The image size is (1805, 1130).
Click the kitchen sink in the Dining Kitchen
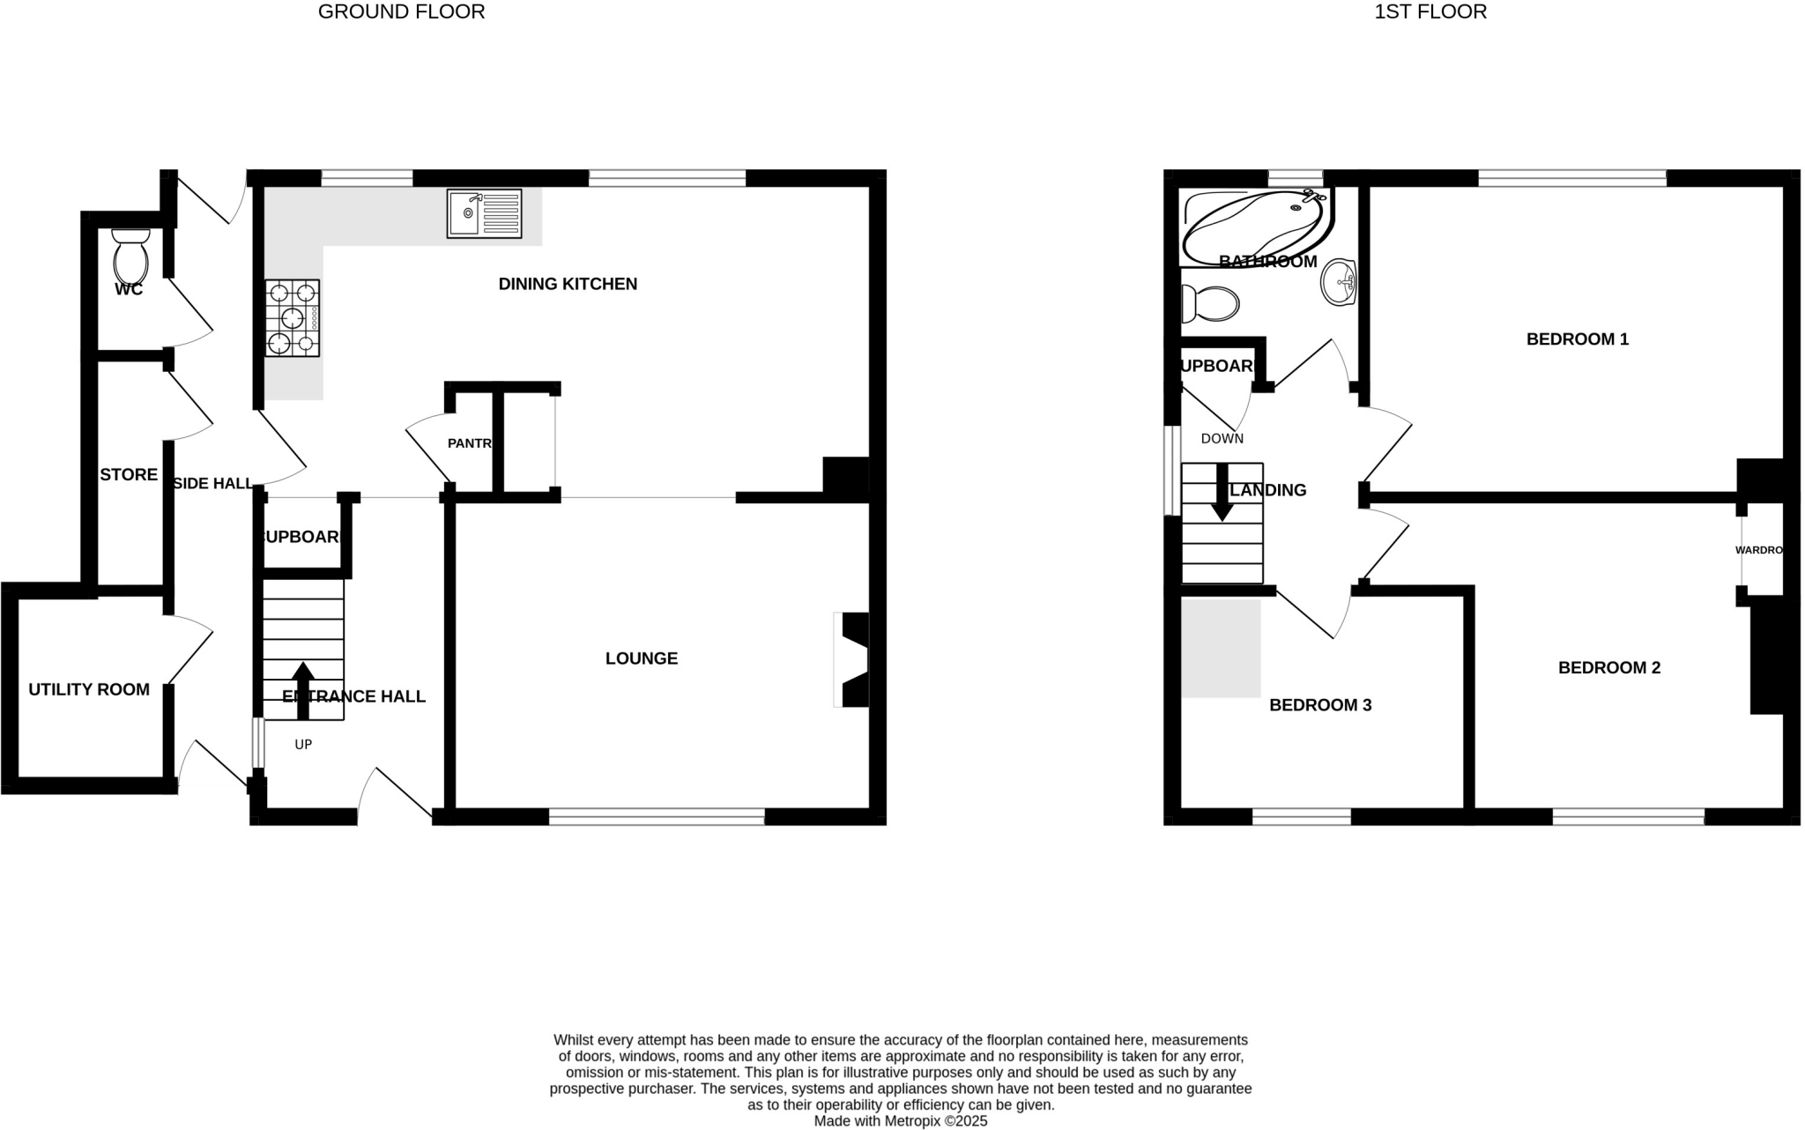click(484, 213)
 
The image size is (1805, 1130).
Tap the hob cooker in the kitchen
click(292, 318)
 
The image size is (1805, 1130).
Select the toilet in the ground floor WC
click(131, 255)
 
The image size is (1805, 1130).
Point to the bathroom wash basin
click(1339, 282)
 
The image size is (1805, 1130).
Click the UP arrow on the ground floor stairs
click(302, 689)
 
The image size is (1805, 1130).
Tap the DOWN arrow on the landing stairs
click(1222, 492)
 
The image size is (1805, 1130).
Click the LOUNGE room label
click(642, 658)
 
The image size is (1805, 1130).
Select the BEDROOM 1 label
click(1577, 339)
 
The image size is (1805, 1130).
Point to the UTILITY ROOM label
click(89, 690)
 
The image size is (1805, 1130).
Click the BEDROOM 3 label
click(1320, 705)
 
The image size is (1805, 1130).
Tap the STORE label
click(129, 475)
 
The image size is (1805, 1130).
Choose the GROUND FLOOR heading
click(401, 12)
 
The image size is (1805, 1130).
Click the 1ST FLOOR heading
click(1430, 12)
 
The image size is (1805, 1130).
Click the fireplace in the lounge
click(851, 659)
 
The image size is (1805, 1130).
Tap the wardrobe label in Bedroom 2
click(1759, 550)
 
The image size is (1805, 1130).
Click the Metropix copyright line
click(900, 1121)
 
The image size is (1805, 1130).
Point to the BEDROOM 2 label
click(1609, 668)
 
